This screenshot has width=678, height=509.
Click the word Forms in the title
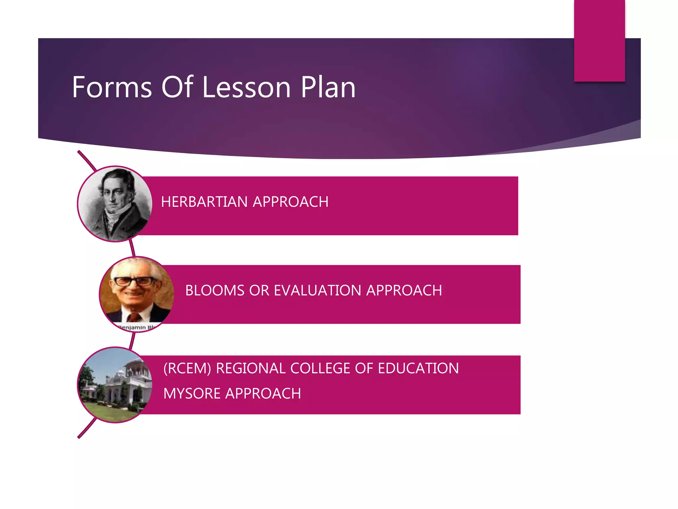[112, 87]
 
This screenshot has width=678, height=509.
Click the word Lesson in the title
[246, 87]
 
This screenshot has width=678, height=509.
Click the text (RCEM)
[187, 368]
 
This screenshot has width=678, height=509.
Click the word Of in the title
[177, 87]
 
